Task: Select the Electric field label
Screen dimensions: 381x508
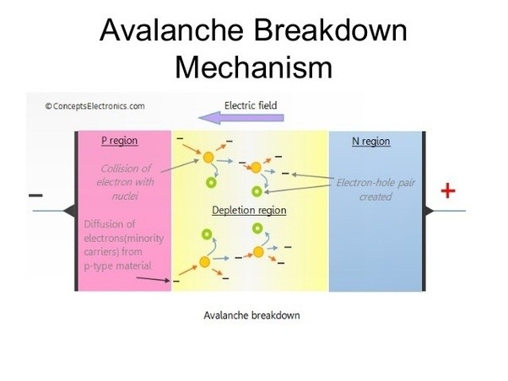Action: click(251, 105)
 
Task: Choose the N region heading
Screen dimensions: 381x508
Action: click(370, 141)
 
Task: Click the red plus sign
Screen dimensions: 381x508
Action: click(448, 191)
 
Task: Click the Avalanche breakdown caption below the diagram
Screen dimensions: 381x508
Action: click(252, 316)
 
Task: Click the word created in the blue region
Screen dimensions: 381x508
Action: click(376, 196)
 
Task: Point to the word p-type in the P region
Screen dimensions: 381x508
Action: click(104, 266)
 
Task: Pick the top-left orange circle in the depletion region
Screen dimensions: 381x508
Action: click(208, 157)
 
